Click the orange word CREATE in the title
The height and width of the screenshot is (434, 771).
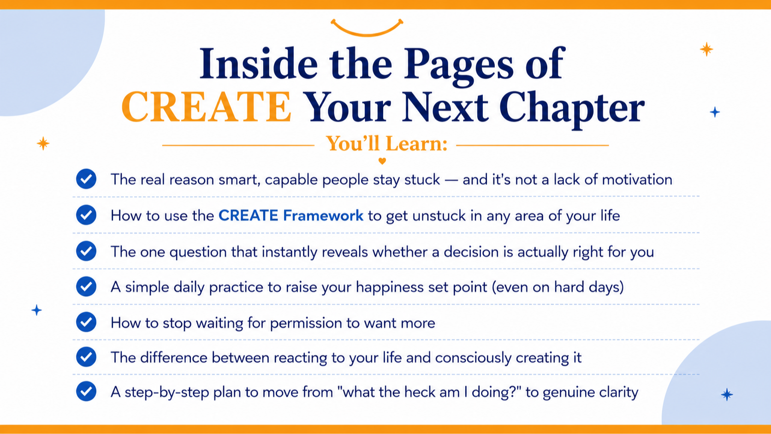click(x=207, y=107)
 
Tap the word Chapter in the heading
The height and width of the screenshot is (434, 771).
click(x=572, y=109)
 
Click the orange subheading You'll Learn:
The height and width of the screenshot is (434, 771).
click(x=386, y=143)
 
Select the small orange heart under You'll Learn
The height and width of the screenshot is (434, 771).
click(x=382, y=161)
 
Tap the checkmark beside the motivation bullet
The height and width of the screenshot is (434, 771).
click(x=86, y=179)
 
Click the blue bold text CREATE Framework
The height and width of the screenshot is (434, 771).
click(x=291, y=216)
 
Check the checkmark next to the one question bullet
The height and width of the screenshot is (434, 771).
click(x=86, y=251)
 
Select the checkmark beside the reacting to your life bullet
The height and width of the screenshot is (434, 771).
click(x=86, y=357)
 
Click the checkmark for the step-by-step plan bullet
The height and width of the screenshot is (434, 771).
click(x=86, y=391)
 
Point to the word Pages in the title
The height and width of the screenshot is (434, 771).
click(x=459, y=65)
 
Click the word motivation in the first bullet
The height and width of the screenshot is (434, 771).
click(x=637, y=179)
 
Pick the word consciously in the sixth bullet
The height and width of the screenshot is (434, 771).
click(x=473, y=358)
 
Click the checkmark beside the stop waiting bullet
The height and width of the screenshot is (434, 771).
click(x=86, y=322)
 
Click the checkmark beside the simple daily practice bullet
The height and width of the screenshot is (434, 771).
click(x=86, y=286)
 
